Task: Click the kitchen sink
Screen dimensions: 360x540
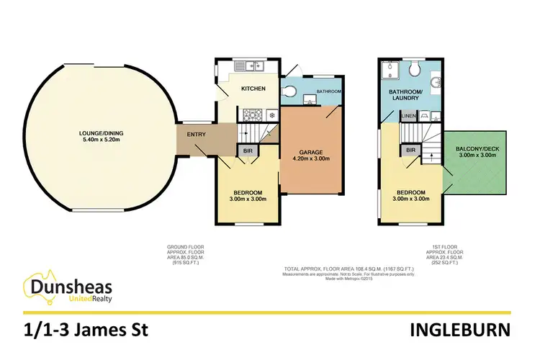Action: pos(257,66)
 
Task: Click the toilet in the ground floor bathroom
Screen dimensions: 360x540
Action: pos(288,91)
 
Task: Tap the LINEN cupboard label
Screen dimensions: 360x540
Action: pos(408,115)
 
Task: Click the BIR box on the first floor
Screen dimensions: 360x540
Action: pos(411,150)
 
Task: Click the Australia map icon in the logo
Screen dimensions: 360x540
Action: pos(37,287)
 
